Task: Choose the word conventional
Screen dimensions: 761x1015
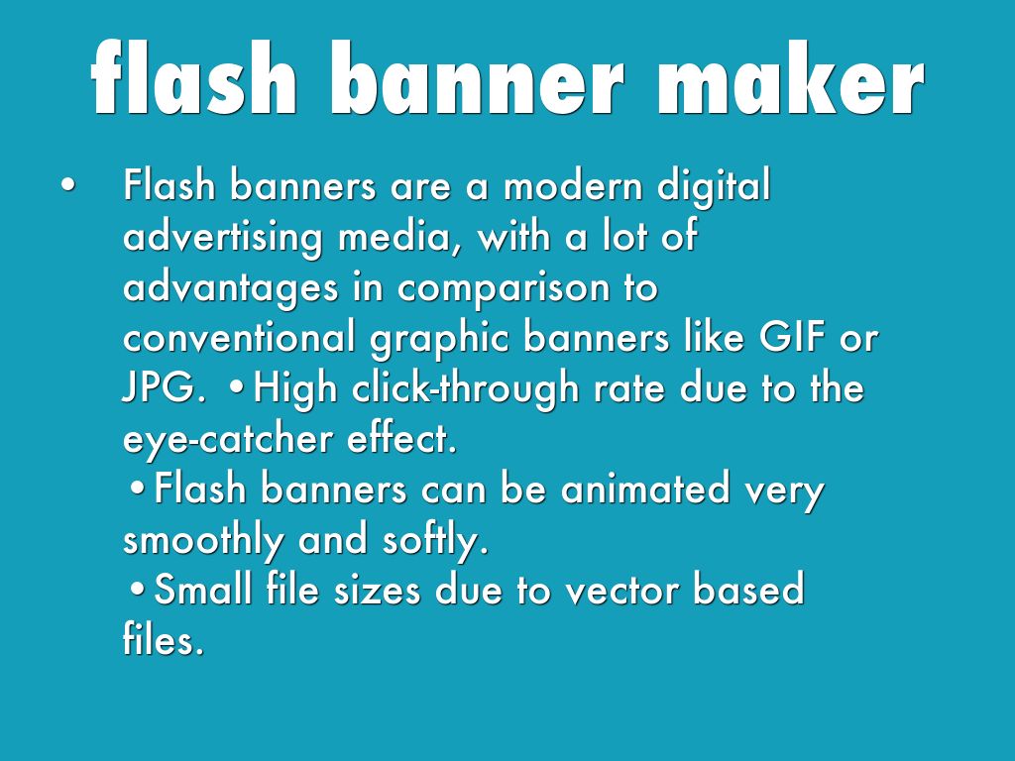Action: (239, 338)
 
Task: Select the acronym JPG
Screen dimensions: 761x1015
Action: (162, 389)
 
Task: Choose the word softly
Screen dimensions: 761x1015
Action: (435, 541)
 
